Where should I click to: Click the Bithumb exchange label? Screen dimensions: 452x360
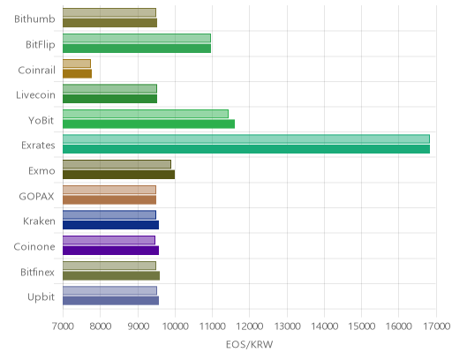(x=34, y=19)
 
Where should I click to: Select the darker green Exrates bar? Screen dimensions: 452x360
(x=246, y=149)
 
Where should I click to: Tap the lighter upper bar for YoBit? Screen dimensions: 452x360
(x=146, y=114)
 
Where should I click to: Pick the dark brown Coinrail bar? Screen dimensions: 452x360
(x=77, y=73)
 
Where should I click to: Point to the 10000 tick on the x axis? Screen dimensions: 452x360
(x=176, y=326)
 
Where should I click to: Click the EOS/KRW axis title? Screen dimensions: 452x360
(x=250, y=344)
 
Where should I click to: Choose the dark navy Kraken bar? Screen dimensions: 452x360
(x=110, y=225)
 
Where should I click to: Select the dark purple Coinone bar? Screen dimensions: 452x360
(x=110, y=251)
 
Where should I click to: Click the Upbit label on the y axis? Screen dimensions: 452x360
(x=41, y=297)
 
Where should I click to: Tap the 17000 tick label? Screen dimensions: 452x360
(x=437, y=326)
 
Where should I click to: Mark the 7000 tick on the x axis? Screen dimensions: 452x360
(x=63, y=326)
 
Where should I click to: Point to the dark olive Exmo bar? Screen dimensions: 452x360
(x=118, y=175)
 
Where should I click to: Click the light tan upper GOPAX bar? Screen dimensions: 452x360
(x=109, y=190)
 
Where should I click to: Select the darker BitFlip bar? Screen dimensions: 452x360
(x=137, y=49)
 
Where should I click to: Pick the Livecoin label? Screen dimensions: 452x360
(x=35, y=95)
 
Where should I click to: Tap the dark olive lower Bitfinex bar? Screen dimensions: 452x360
(x=111, y=276)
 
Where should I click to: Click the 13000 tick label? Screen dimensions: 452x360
(x=288, y=326)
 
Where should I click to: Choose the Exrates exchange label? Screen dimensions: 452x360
(x=38, y=146)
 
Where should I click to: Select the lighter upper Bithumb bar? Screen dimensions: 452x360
(x=109, y=12)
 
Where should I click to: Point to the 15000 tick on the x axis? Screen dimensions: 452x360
(x=362, y=326)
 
